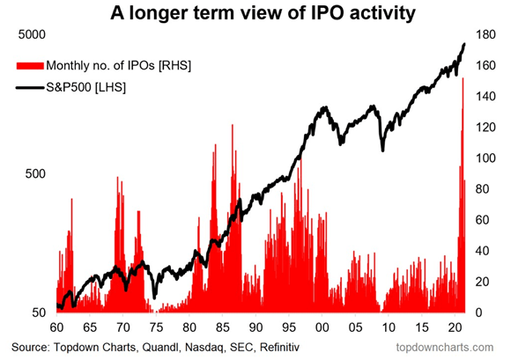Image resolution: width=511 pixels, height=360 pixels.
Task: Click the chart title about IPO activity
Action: [263, 13]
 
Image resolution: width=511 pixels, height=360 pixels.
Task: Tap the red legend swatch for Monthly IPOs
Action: [30, 66]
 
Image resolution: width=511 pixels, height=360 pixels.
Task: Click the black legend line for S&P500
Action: [30, 87]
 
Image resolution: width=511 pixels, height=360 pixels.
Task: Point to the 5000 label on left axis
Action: [32, 34]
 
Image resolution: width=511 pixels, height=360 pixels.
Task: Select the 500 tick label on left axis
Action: [35, 174]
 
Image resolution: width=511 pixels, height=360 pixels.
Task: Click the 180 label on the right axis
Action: [485, 34]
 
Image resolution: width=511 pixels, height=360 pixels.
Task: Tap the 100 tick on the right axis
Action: [485, 158]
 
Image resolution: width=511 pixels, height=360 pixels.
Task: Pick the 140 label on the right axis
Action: [485, 96]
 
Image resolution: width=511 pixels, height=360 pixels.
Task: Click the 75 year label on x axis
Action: [156, 327]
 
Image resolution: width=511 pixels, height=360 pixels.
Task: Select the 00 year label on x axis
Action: [322, 327]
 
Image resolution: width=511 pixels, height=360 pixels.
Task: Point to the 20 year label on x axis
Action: [455, 327]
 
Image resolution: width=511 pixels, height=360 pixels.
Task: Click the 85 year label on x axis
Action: [223, 327]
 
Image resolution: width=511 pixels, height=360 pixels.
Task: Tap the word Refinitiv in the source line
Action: [279, 347]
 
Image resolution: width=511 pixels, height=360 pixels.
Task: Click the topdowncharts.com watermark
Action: [445, 348]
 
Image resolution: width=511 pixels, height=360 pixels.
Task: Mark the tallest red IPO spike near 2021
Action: [463, 79]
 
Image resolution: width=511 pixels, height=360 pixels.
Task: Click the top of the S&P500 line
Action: [464, 44]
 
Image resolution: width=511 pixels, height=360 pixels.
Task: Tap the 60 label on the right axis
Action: [485, 220]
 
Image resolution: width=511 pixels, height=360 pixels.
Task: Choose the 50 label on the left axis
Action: [39, 312]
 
